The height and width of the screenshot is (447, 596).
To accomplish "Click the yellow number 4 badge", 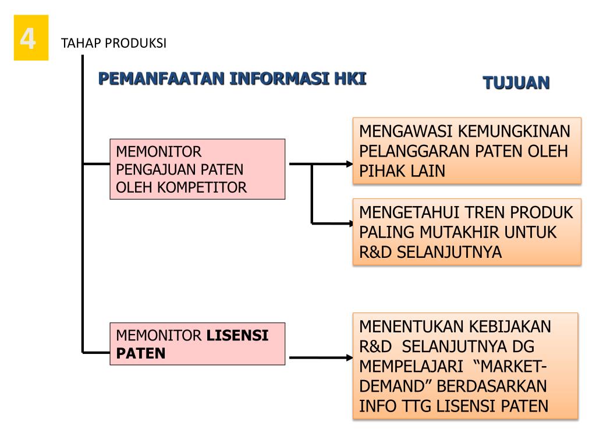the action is pyautogui.click(x=31, y=38).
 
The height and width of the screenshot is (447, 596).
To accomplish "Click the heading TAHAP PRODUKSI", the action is pyautogui.click(x=113, y=44).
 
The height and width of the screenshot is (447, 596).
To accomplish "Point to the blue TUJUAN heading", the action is pyautogui.click(x=516, y=83).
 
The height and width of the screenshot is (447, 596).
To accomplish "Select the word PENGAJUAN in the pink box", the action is pyautogui.click(x=150, y=169).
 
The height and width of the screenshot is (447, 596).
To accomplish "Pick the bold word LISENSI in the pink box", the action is pyautogui.click(x=237, y=335).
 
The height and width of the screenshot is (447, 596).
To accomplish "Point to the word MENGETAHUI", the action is pyautogui.click(x=405, y=212).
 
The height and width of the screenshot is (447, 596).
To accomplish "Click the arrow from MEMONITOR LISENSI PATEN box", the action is pyautogui.click(x=320, y=357).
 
